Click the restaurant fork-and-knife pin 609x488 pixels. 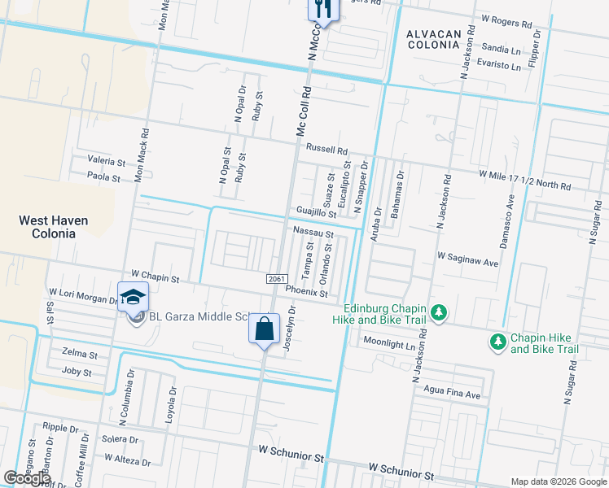tap(322, 10)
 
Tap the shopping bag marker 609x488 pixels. tap(264, 329)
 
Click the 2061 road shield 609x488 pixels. tap(277, 279)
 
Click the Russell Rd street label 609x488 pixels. tap(326, 150)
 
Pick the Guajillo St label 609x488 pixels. tap(316, 212)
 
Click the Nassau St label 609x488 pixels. tap(313, 233)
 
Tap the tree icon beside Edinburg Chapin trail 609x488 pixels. tap(439, 313)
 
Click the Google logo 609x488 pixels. tap(27, 477)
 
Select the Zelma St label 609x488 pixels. tap(80, 355)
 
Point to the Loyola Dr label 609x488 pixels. tap(172, 401)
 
